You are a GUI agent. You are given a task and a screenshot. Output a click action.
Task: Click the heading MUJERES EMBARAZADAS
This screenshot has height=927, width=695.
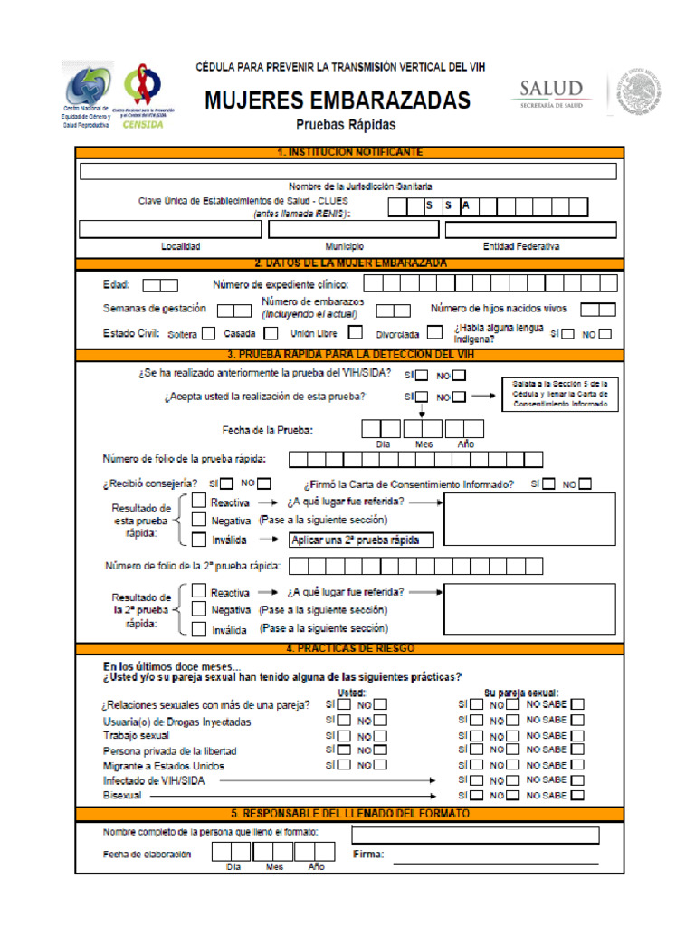tap(338, 99)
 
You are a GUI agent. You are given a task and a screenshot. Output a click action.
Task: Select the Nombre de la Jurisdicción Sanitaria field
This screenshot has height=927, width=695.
tap(348, 171)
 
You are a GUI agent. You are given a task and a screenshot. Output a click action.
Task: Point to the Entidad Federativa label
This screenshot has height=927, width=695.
tap(520, 246)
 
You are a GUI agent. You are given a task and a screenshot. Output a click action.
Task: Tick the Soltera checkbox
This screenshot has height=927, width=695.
tap(209, 333)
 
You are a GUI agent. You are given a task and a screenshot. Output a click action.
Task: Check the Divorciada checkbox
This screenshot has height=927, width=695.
tap(435, 332)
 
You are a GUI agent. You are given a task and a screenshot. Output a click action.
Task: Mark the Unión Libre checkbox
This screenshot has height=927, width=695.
tap(356, 332)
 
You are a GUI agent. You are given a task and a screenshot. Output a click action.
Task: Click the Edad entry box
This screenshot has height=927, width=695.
tap(160, 285)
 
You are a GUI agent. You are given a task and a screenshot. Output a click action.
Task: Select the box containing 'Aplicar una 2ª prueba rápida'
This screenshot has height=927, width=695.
tap(360, 540)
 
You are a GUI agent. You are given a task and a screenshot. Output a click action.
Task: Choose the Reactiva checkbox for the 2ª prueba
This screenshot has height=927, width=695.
tap(199, 592)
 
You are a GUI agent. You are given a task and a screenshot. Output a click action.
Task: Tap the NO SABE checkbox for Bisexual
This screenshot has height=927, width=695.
tap(576, 795)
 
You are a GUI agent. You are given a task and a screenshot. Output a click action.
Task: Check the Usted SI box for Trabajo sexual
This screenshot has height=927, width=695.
tap(343, 736)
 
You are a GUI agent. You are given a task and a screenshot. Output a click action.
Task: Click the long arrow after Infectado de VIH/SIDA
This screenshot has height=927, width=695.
tap(327, 779)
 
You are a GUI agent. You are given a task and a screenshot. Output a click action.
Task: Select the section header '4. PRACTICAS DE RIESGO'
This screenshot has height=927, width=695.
tap(348, 649)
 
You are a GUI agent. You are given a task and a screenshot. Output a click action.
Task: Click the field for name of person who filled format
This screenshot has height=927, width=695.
tap(475, 835)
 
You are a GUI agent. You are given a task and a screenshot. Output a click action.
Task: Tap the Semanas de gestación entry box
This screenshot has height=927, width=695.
tap(233, 311)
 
